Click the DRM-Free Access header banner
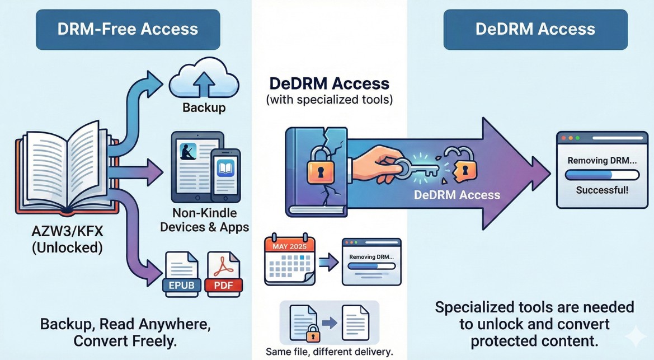click(128, 29)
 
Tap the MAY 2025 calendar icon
click(290, 261)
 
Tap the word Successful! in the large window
click(601, 190)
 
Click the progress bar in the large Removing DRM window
click(601, 175)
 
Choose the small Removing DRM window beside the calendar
click(371, 261)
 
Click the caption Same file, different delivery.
click(329, 352)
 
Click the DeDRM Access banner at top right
click(535, 29)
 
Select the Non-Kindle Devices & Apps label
click(204, 220)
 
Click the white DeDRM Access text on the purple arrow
click(457, 195)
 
